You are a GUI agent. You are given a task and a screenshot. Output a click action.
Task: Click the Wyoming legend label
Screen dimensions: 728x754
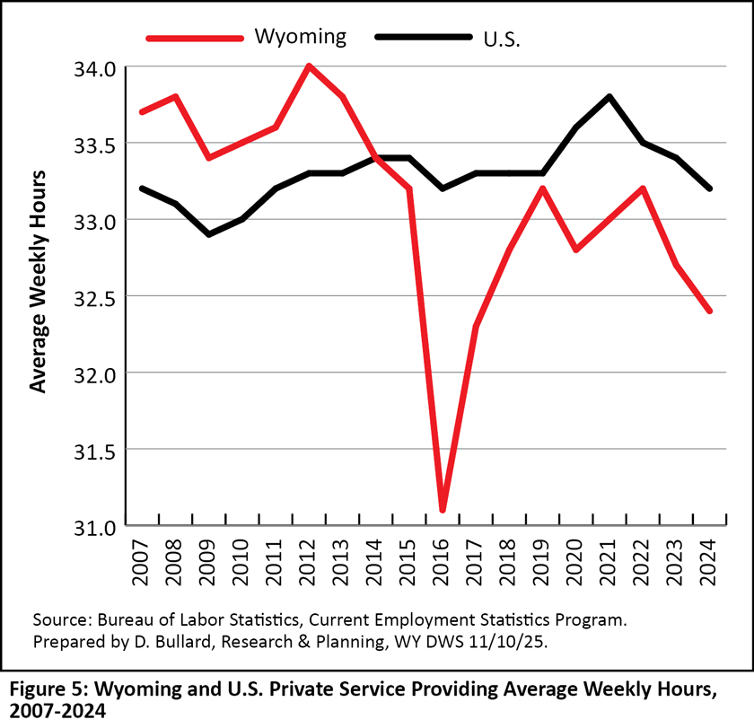[300, 37]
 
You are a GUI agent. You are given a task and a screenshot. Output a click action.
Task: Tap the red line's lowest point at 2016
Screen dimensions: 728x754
[443, 510]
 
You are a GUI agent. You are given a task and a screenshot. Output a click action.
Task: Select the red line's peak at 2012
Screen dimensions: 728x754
[309, 66]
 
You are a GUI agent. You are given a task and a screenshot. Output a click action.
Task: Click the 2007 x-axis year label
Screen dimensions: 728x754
[141, 564]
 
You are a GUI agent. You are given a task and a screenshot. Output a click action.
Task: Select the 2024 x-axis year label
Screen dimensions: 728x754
[710, 564]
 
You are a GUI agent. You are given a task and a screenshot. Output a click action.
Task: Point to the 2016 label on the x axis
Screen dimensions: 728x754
[443, 564]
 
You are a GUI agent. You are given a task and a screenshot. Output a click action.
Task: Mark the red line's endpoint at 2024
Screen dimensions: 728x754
[710, 311]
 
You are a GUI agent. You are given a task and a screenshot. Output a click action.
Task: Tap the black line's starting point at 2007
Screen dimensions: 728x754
[141, 189]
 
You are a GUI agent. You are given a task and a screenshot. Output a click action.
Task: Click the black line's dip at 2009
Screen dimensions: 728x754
[208, 234]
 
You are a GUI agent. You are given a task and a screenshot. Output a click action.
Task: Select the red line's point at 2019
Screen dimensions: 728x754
[543, 189]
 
